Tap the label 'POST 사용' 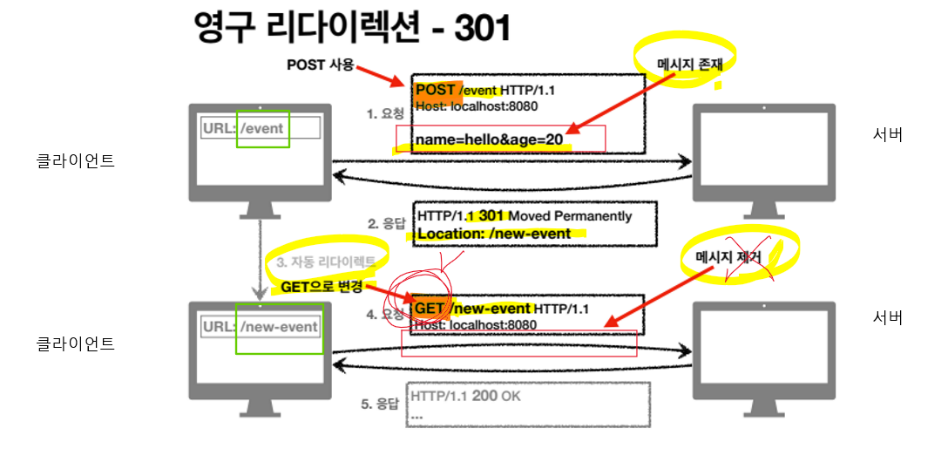[320, 65]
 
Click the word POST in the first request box [435, 90]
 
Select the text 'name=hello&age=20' [488, 139]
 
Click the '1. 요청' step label [385, 113]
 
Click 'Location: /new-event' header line [494, 234]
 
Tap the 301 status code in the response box [491, 215]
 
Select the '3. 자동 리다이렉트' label [326, 262]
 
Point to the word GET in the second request [430, 309]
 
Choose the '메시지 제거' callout [728, 258]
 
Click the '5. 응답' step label [380, 404]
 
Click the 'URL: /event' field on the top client [261, 129]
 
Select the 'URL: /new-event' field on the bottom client [261, 327]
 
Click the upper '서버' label [887, 135]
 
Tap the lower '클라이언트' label [75, 343]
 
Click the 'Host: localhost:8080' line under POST [476, 106]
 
